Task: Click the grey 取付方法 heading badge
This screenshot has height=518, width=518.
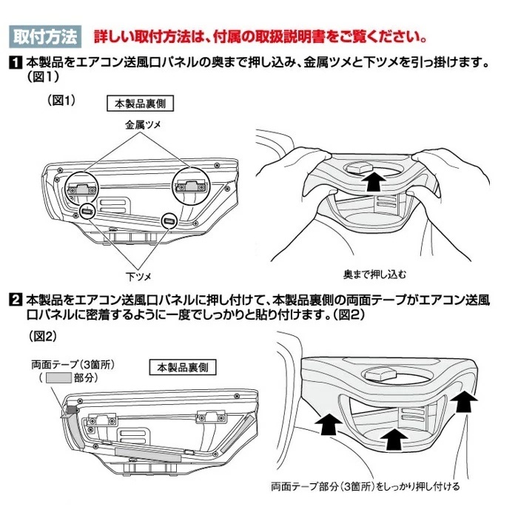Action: (x=45, y=36)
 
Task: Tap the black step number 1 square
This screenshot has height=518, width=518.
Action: (x=16, y=63)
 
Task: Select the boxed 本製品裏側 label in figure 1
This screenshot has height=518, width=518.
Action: (x=140, y=104)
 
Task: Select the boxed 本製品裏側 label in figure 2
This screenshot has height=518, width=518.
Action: (x=183, y=367)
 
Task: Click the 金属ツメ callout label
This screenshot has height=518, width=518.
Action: (x=143, y=125)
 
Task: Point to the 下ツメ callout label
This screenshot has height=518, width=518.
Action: (x=138, y=277)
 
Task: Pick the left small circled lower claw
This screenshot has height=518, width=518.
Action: (x=87, y=211)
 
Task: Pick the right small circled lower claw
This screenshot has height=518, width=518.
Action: (x=169, y=221)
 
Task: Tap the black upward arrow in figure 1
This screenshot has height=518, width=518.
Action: (x=373, y=181)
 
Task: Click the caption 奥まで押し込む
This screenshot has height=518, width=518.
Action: (x=374, y=275)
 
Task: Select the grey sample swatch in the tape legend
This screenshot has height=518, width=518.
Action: (x=58, y=377)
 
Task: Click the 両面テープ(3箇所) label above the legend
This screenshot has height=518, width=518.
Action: (x=73, y=364)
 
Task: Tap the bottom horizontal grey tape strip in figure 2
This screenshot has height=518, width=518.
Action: (x=148, y=454)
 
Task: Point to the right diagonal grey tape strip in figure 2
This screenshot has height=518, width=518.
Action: (x=238, y=434)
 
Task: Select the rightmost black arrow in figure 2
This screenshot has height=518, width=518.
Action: (x=464, y=401)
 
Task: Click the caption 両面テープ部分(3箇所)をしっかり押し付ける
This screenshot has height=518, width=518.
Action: (x=366, y=487)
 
